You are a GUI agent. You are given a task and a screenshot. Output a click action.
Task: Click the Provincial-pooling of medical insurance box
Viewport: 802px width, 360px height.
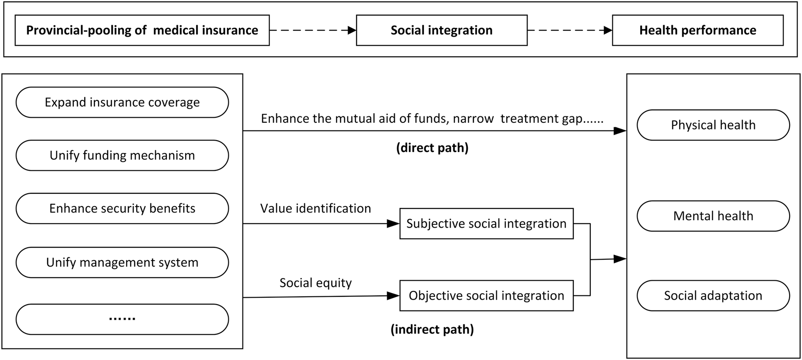(x=142, y=30)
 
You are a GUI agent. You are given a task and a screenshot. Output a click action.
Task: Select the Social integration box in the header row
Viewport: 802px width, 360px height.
(x=441, y=30)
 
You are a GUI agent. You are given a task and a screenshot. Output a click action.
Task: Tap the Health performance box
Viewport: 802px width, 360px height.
(x=698, y=30)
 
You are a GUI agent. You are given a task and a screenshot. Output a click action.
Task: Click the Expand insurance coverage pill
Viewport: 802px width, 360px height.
(x=122, y=102)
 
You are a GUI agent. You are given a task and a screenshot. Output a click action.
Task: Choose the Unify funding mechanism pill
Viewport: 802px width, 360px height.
(x=122, y=155)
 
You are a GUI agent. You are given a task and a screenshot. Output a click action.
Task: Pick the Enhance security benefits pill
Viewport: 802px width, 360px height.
(x=122, y=208)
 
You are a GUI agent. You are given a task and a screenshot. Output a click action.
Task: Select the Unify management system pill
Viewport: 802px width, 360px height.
(x=122, y=262)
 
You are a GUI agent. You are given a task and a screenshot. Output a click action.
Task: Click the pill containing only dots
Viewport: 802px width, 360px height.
(x=122, y=319)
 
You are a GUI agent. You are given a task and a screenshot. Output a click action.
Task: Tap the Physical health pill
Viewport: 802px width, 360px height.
(x=713, y=125)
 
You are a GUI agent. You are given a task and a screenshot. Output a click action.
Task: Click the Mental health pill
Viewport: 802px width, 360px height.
(x=713, y=216)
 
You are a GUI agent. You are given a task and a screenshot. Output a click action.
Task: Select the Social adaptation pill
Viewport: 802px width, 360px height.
(x=713, y=295)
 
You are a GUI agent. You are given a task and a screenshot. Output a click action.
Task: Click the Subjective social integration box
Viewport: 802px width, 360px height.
(x=486, y=224)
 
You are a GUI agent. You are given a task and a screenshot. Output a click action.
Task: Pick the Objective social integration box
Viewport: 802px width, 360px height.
(x=486, y=295)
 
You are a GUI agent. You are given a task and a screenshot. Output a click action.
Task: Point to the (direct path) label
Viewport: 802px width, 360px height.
(x=432, y=148)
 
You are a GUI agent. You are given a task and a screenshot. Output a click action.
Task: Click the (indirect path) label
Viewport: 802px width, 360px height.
(x=432, y=329)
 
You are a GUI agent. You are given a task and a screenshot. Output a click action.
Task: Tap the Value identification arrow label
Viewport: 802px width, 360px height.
(x=315, y=208)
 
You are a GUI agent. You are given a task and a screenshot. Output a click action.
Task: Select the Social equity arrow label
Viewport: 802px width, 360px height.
(x=315, y=283)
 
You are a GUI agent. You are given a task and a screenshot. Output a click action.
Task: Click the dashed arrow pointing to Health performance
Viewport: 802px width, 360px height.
(x=570, y=31)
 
